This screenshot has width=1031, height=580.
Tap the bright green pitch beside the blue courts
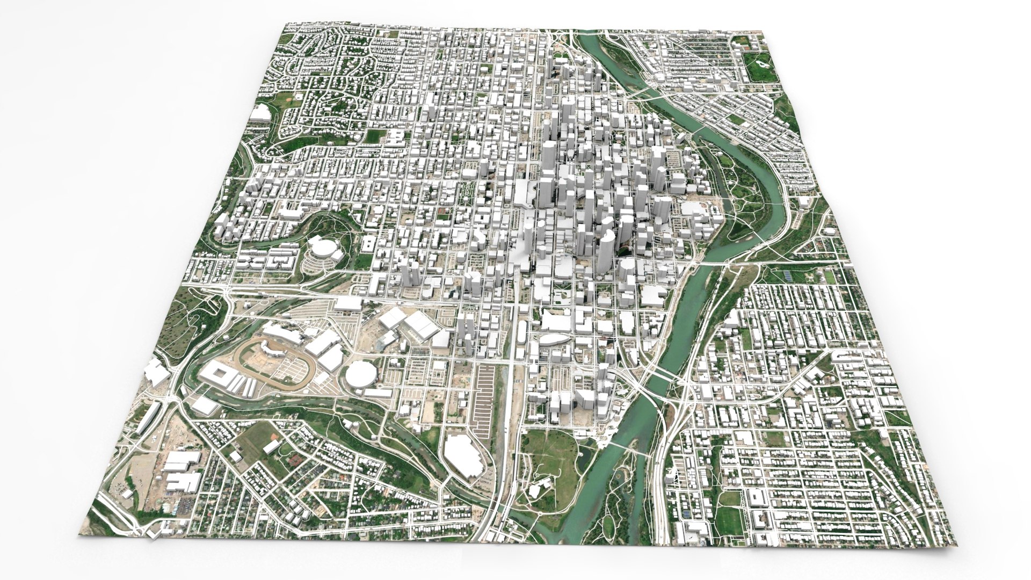coord(830,277)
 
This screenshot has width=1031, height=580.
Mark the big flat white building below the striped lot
coord(462,455)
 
